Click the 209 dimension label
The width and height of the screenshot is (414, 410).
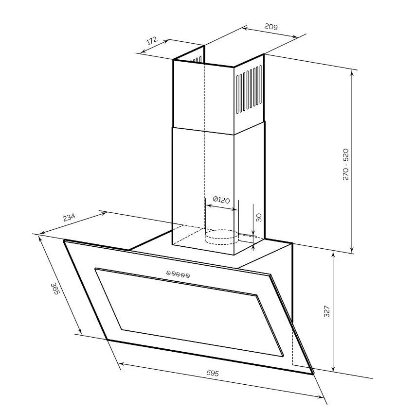coord(271,27)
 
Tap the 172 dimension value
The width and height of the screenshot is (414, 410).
coord(152,41)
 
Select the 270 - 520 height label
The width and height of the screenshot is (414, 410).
coord(345,165)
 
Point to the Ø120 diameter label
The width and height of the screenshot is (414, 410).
coord(221,200)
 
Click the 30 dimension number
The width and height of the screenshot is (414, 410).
coord(259,217)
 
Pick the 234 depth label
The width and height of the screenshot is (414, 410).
coord(69,218)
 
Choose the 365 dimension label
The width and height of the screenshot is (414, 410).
coord(54,289)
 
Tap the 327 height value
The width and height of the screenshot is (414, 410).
coord(327,311)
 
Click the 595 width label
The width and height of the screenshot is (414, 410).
coord(213,373)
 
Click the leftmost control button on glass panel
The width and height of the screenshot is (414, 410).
coord(168,273)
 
